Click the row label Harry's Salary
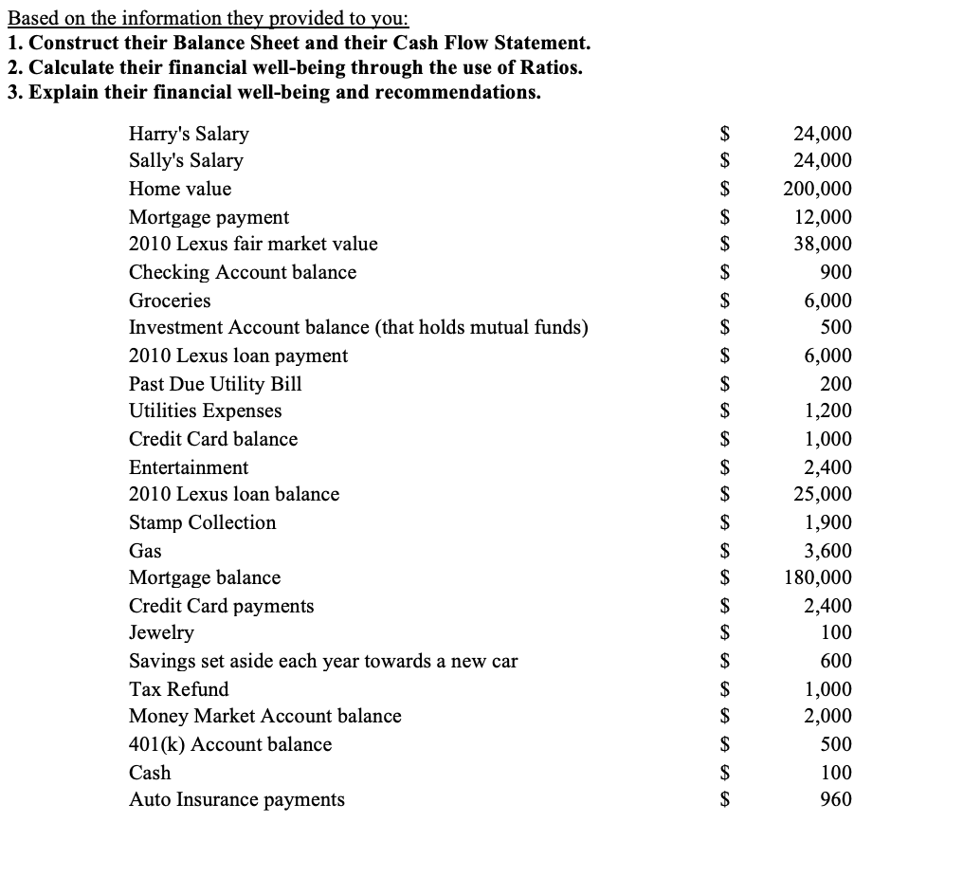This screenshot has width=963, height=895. tap(189, 134)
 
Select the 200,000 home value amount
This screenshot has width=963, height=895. tap(817, 189)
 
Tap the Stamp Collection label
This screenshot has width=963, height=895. tap(202, 522)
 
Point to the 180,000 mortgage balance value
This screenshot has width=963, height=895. tap(817, 577)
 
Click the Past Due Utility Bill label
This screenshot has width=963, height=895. tap(215, 384)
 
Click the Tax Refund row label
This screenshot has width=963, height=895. tap(178, 689)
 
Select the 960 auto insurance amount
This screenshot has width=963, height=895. tap(835, 799)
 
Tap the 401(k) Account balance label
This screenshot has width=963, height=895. tap(230, 744)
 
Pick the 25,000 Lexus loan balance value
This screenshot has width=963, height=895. tap(822, 494)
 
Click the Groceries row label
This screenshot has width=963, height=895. tap(170, 301)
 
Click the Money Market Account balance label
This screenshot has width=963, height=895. tap(264, 716)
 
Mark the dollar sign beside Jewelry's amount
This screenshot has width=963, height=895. tap(725, 632)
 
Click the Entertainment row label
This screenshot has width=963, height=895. tap(189, 467)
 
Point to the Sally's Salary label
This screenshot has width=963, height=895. tap(186, 160)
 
